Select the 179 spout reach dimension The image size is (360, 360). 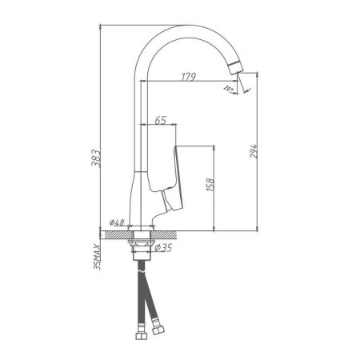(189, 77)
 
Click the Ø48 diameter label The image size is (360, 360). (117, 223)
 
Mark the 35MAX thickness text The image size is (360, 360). (95, 254)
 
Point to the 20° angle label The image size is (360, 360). (230, 88)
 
